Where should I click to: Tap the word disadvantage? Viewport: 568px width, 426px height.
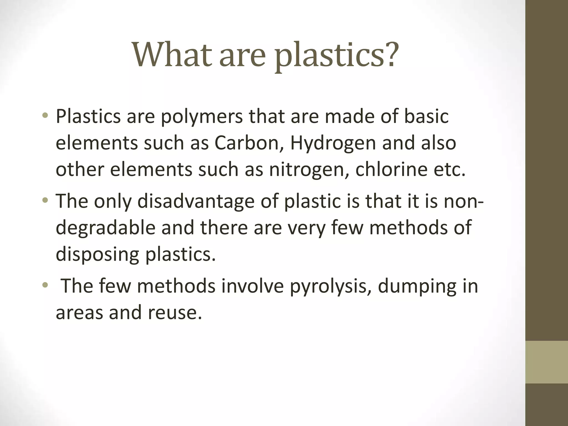pyautogui.click(x=196, y=202)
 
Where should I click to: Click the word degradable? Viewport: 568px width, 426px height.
pyautogui.click(x=106, y=228)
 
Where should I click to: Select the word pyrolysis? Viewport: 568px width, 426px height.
pyautogui.click(x=330, y=286)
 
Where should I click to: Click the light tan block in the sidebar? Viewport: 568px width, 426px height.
pyautogui.click(x=547, y=362)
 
